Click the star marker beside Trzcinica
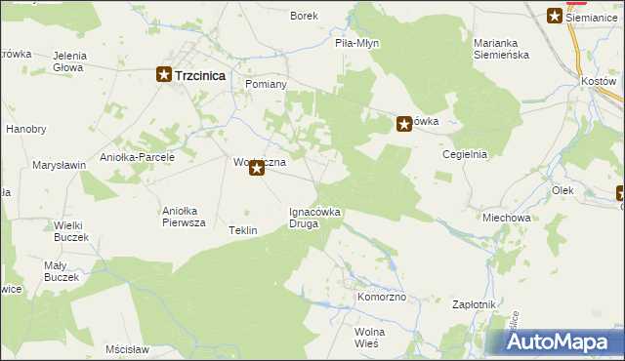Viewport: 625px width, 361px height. pos(165,74)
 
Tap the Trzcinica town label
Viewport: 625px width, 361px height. pos(201,74)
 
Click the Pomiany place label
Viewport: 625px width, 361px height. pos(266,85)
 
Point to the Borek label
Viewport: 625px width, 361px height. pos(305,16)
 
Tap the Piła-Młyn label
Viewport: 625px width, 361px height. pos(356,44)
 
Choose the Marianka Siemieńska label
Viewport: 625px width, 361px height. pos(501,49)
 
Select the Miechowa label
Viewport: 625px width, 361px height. pos(506,218)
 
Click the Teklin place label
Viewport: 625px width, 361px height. pos(242,230)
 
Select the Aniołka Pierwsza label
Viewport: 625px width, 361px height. pos(184,217)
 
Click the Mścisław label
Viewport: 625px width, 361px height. pos(128,348)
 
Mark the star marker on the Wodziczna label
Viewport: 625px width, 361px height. pos(257,169)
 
